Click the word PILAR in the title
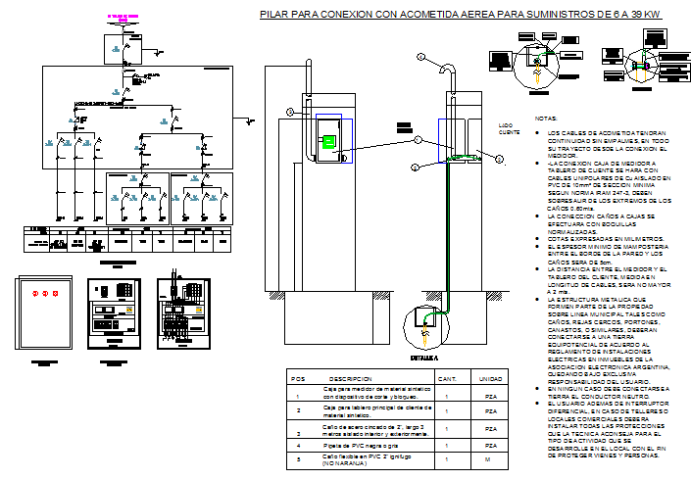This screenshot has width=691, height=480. (x=276, y=15)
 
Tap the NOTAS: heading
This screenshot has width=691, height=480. (x=546, y=119)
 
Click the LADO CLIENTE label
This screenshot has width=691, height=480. (x=508, y=130)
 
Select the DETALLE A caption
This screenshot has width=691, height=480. (x=422, y=360)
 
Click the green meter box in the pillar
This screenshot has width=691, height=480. (x=329, y=141)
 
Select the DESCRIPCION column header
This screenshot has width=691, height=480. (x=349, y=378)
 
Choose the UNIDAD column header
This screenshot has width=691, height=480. (x=489, y=378)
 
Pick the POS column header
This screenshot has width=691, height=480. (x=298, y=378)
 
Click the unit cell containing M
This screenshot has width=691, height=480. (x=489, y=460)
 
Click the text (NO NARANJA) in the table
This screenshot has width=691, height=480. (x=346, y=464)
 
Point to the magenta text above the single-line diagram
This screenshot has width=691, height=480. (x=122, y=18)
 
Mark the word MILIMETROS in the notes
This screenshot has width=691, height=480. (x=639, y=238)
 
